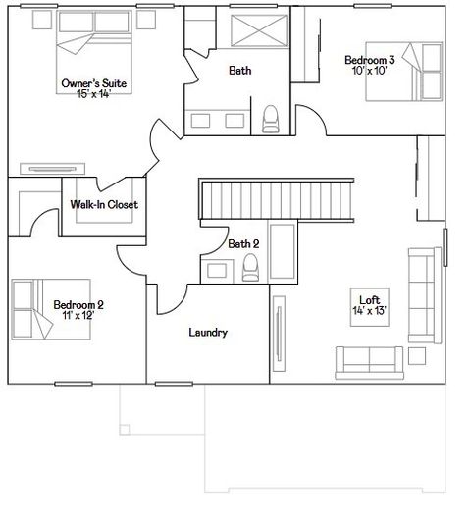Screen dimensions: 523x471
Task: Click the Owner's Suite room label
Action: [94, 83]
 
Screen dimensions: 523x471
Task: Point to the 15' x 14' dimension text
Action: [94, 94]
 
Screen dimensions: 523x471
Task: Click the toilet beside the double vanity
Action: [271, 120]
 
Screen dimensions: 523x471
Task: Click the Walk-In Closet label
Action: [104, 205]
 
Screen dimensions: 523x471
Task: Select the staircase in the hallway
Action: [250, 199]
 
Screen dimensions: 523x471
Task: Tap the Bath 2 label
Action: [243, 243]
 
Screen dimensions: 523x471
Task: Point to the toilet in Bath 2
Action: [250, 266]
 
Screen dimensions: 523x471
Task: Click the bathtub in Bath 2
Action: [282, 253]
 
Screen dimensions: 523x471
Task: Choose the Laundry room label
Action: [208, 333]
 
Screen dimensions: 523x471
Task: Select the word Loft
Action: [369, 299]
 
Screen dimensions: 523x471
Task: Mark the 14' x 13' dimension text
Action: [369, 310]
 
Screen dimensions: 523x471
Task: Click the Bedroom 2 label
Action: [78, 304]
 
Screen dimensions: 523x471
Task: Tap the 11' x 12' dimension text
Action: [78, 315]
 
